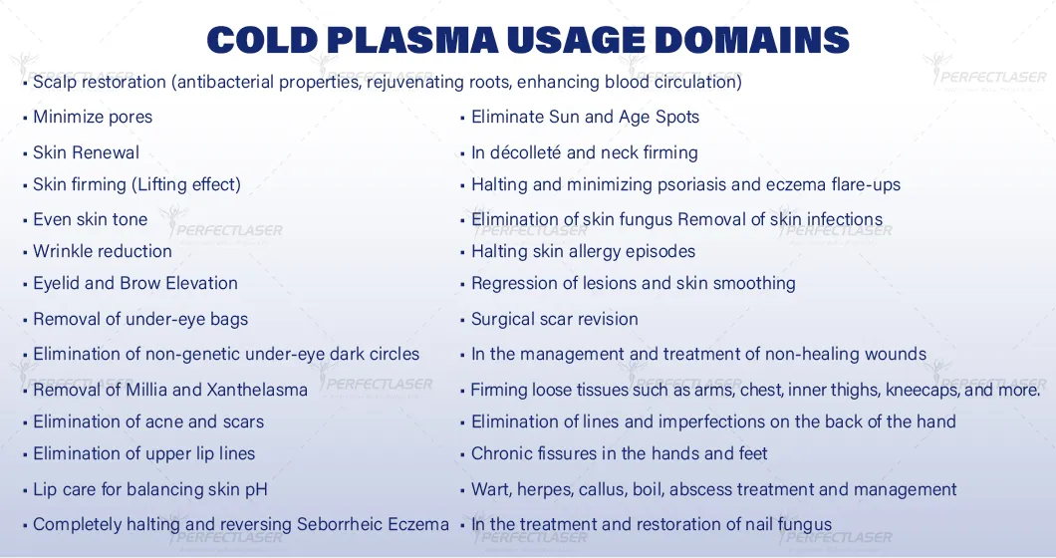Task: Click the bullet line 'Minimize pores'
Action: point(93,118)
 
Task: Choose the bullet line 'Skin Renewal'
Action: point(87,152)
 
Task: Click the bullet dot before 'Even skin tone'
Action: point(25,220)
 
